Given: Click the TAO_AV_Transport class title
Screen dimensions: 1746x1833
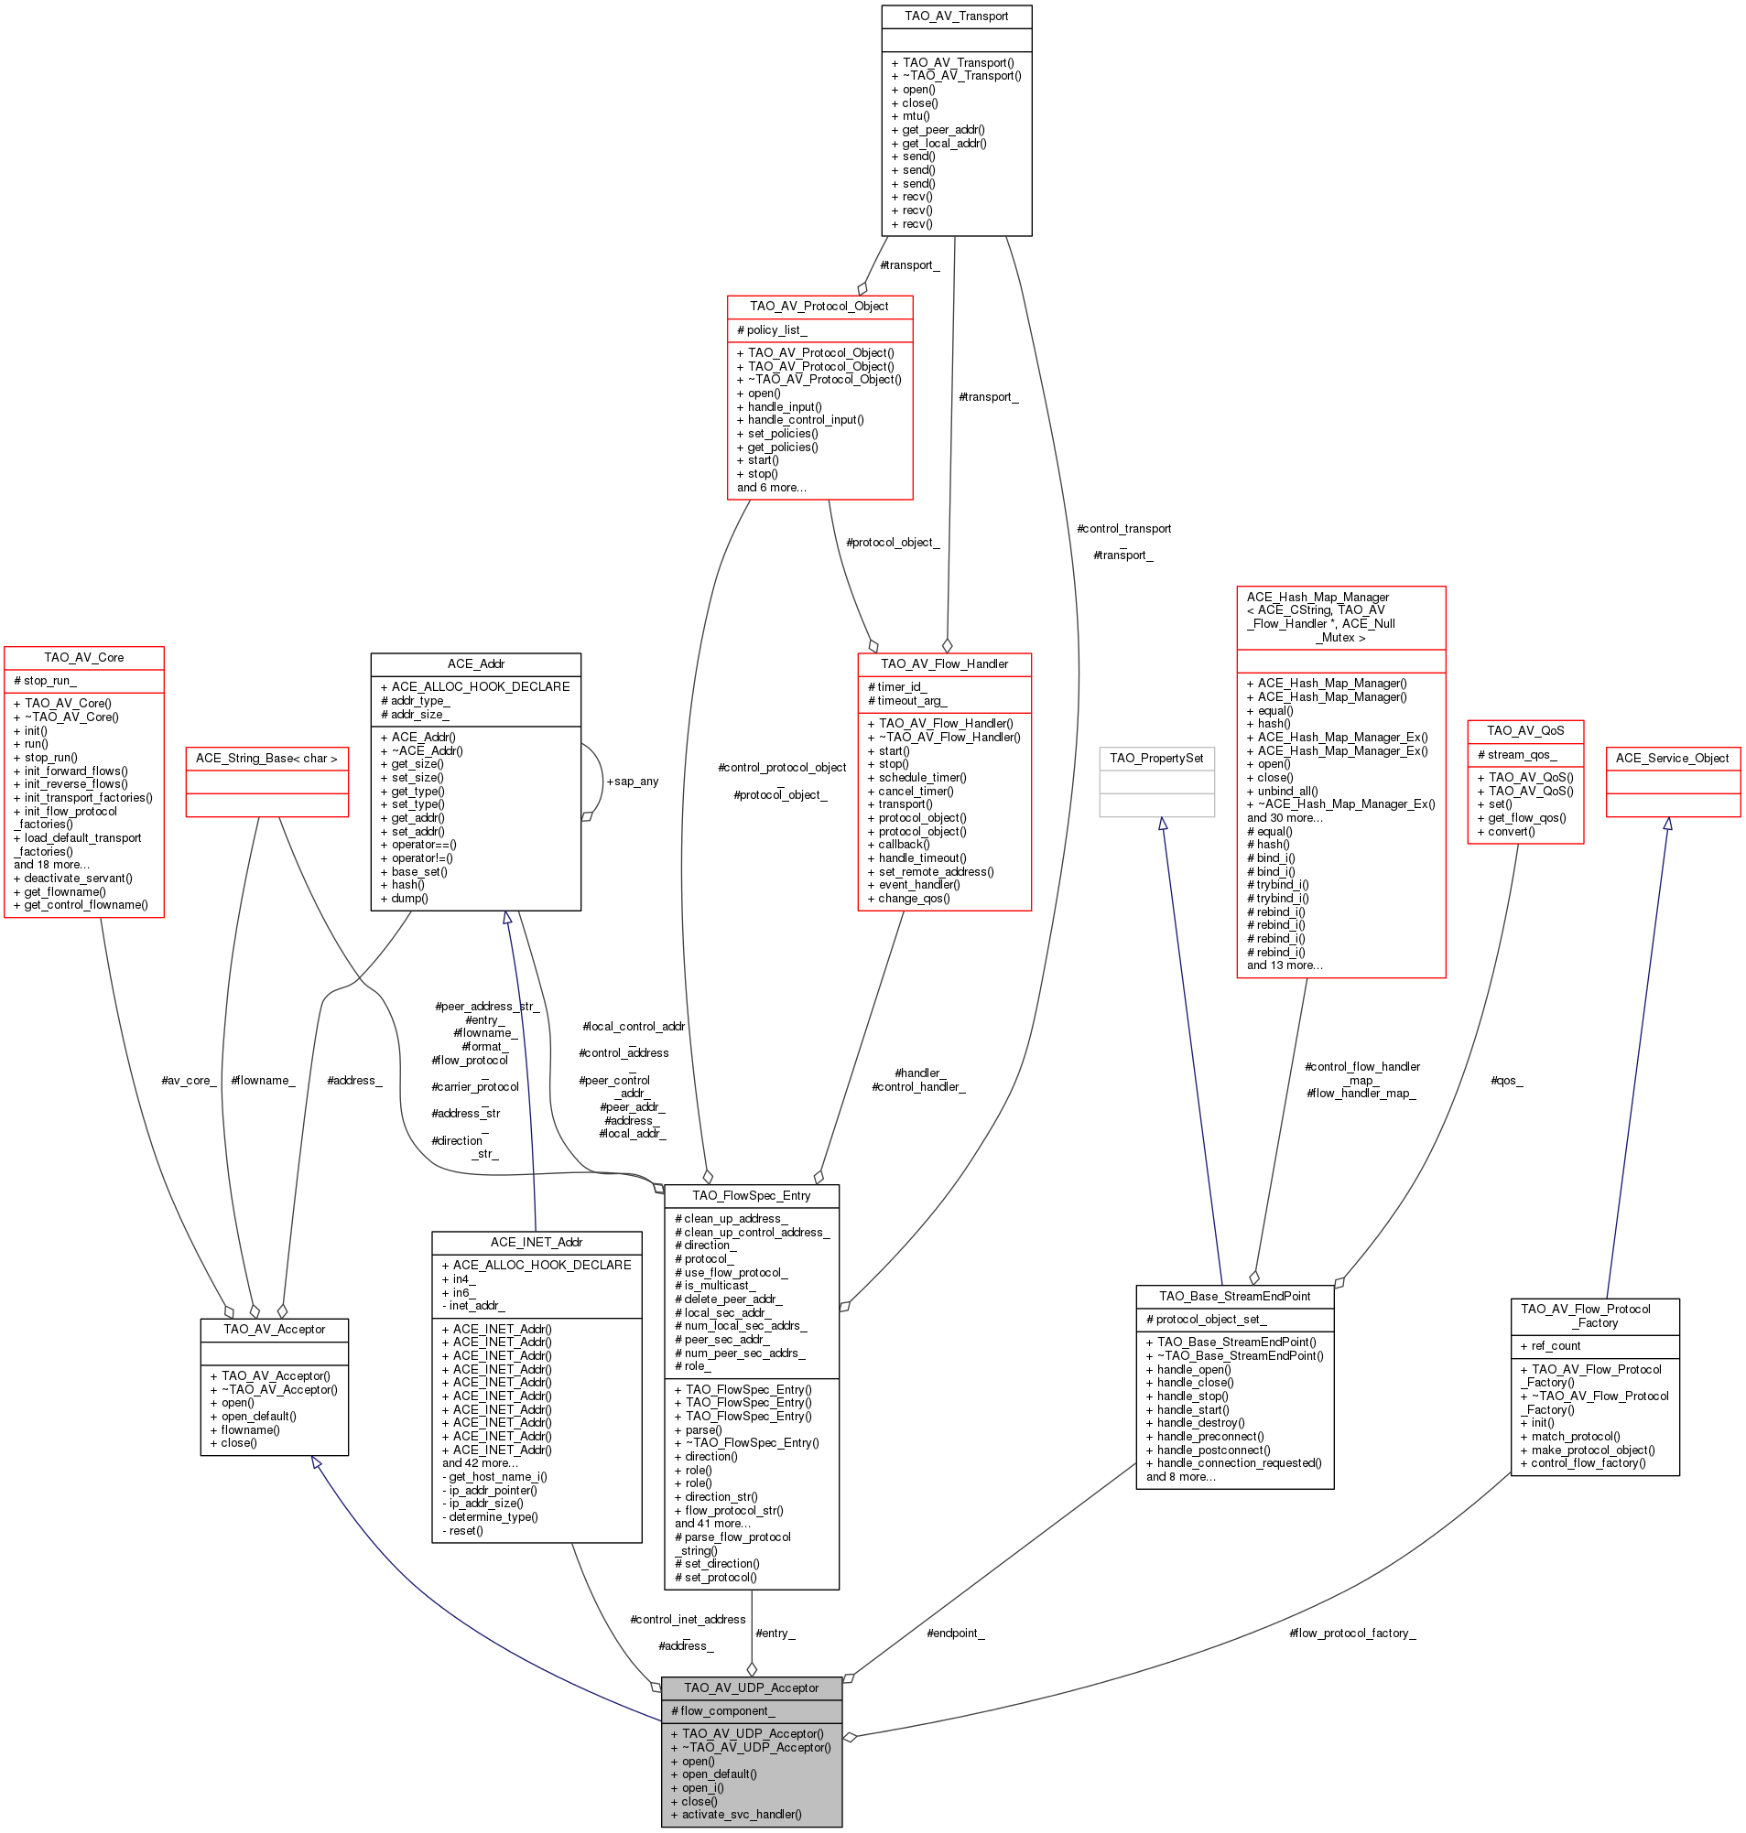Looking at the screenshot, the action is pyautogui.click(x=956, y=16).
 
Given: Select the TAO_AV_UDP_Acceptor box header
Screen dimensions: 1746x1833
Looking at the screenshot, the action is pyautogui.click(x=751, y=1687).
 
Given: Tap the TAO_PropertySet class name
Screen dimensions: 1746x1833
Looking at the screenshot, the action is pyautogui.click(x=1156, y=758).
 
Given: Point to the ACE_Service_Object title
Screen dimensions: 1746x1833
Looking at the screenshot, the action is pyautogui.click(x=1673, y=758).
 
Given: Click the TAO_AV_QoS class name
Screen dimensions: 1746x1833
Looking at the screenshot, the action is pyautogui.click(x=1524, y=730).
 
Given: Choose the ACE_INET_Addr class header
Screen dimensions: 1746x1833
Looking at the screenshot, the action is pyautogui.click(x=537, y=1241).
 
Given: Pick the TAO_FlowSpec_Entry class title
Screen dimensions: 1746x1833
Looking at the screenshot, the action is pyautogui.click(x=751, y=1195).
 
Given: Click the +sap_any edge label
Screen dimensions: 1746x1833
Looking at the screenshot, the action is pyautogui.click(x=632, y=781).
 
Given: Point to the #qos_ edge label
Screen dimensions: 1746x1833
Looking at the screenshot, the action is pyautogui.click(x=1507, y=1079).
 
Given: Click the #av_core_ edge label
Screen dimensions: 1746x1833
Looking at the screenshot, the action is pyautogui.click(x=189, y=1079).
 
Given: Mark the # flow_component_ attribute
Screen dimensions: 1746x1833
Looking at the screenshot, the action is pyautogui.click(x=722, y=1710).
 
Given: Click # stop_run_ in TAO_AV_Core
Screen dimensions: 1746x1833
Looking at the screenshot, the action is pyautogui.click(x=45, y=680).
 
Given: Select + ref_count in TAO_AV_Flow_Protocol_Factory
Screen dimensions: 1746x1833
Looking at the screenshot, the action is pyautogui.click(x=1550, y=1345).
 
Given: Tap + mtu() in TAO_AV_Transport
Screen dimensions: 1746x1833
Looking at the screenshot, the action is pyautogui.click(x=910, y=116).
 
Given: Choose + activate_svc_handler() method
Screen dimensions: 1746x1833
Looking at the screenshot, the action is pyautogui.click(x=735, y=1814).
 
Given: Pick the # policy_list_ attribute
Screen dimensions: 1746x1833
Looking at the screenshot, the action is pyautogui.click(x=772, y=329).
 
